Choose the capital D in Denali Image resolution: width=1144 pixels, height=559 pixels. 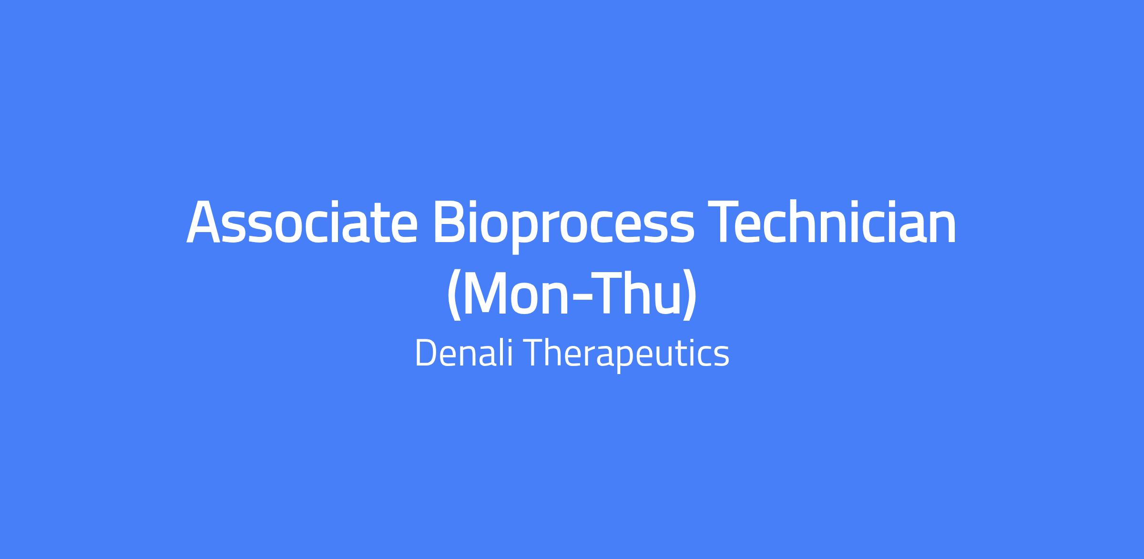point(427,353)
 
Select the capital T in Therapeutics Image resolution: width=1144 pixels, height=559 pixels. point(536,353)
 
